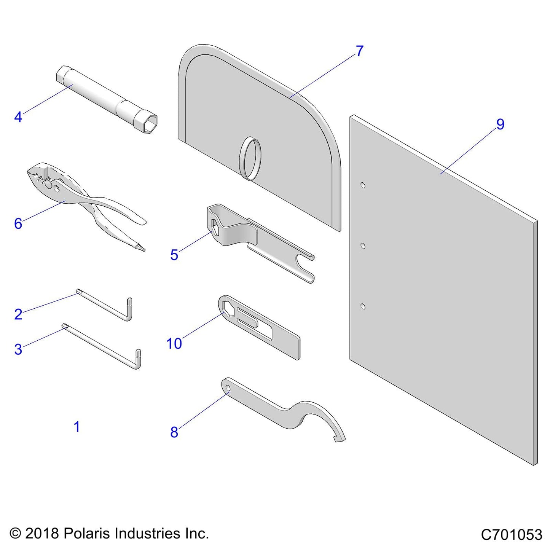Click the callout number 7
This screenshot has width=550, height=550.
(x=359, y=51)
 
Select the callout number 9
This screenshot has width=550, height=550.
(x=500, y=124)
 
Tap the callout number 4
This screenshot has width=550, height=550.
(x=18, y=117)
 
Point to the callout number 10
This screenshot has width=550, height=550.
(x=174, y=344)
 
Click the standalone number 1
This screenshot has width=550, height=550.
(x=77, y=427)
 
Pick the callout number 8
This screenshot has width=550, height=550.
(x=174, y=432)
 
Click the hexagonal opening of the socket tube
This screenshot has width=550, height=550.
(x=150, y=123)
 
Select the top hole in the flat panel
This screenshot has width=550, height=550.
(x=363, y=186)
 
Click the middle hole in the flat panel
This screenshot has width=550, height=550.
(x=363, y=246)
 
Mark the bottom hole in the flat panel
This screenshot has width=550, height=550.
(x=363, y=306)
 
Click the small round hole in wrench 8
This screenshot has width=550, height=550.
(x=228, y=388)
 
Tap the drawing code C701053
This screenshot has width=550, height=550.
(x=511, y=534)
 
